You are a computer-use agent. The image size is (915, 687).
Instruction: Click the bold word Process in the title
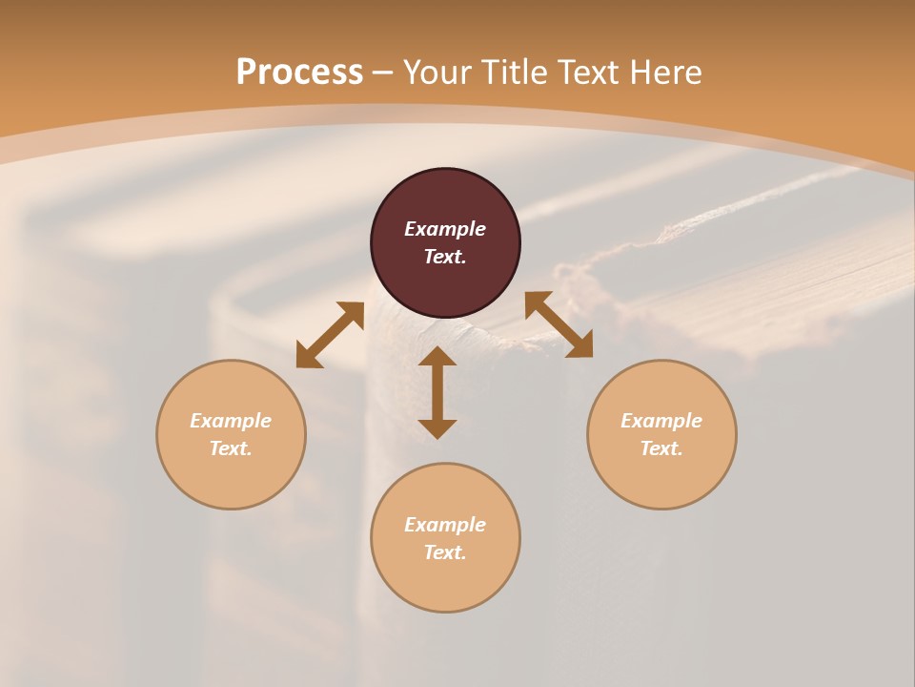click(299, 73)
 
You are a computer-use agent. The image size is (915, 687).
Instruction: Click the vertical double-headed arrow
click(437, 392)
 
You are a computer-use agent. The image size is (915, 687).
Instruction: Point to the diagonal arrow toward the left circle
click(330, 335)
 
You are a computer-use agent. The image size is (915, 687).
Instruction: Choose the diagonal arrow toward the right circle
click(559, 324)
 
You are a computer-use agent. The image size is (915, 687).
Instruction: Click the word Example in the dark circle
click(445, 229)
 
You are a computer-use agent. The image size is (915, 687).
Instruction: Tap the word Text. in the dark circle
click(445, 257)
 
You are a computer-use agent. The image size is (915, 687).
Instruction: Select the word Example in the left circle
click(231, 421)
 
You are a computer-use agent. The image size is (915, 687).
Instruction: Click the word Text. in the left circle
click(231, 448)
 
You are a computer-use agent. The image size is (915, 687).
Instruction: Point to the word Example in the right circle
click(661, 421)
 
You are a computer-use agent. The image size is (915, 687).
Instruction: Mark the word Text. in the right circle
click(661, 448)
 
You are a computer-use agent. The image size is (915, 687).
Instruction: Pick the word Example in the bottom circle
click(445, 525)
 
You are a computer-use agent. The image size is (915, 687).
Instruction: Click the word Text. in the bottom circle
click(445, 552)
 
